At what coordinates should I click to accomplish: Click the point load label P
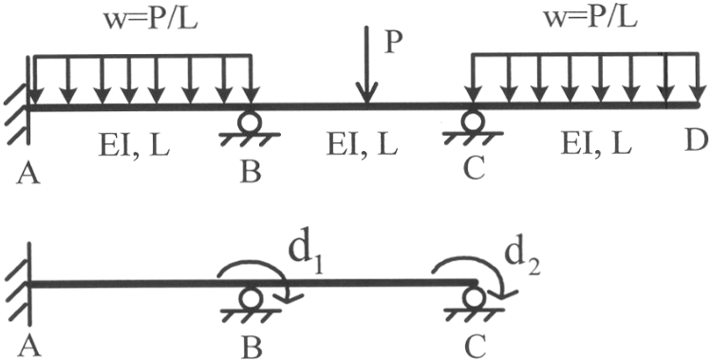(392, 44)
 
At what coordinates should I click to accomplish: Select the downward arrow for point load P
(366, 65)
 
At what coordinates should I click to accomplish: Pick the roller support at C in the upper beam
(472, 127)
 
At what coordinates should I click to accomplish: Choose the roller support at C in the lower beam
(474, 305)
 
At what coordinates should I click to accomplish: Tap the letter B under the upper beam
(251, 171)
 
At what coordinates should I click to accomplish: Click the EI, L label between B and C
(362, 145)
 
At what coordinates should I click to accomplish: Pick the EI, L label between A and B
(134, 145)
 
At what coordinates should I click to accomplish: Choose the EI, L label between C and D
(596, 144)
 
